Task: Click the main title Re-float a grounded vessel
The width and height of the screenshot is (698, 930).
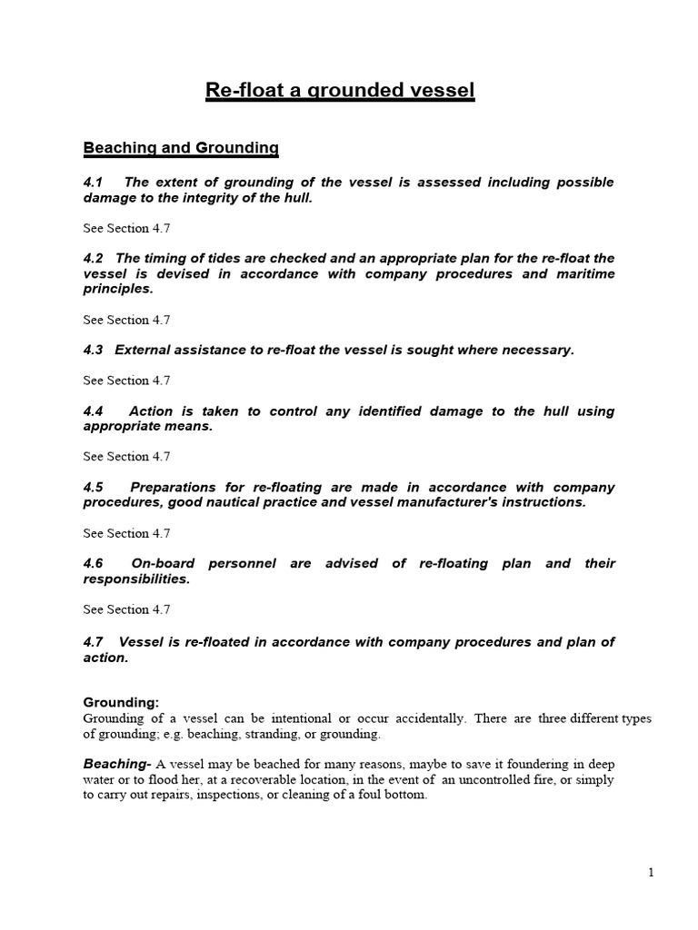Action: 340,91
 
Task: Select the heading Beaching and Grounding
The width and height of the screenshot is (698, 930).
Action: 181,147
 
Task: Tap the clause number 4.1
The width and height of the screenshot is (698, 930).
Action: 95,183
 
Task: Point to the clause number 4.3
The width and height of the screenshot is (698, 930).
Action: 95,350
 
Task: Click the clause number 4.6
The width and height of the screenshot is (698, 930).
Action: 95,564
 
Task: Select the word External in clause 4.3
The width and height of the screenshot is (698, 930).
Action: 145,350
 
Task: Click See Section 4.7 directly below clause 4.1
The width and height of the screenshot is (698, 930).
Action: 126,228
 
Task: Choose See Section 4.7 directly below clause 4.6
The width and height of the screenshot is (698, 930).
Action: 126,609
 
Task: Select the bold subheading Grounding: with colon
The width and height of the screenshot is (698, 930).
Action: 121,703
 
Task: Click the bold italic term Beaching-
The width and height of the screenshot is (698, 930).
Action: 115,764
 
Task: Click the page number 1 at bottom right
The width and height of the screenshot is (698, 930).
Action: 651,873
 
